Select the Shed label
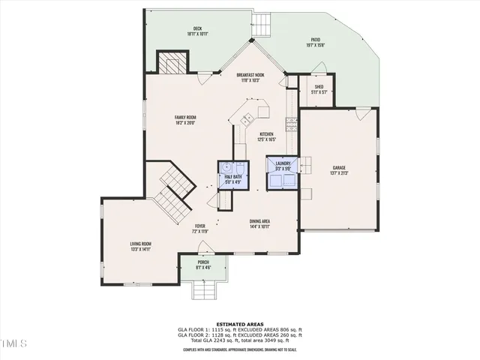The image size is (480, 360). [x=319, y=87]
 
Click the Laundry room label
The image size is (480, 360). [x=283, y=163]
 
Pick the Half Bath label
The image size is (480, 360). [x=232, y=177]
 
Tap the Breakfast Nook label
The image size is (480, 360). [x=250, y=75]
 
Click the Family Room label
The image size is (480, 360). [x=185, y=117]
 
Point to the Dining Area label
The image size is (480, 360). [x=259, y=220]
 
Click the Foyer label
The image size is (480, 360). [x=199, y=226]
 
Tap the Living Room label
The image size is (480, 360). [x=141, y=244]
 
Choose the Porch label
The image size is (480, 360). [x=203, y=262]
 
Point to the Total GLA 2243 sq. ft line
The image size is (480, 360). [x=240, y=340]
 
